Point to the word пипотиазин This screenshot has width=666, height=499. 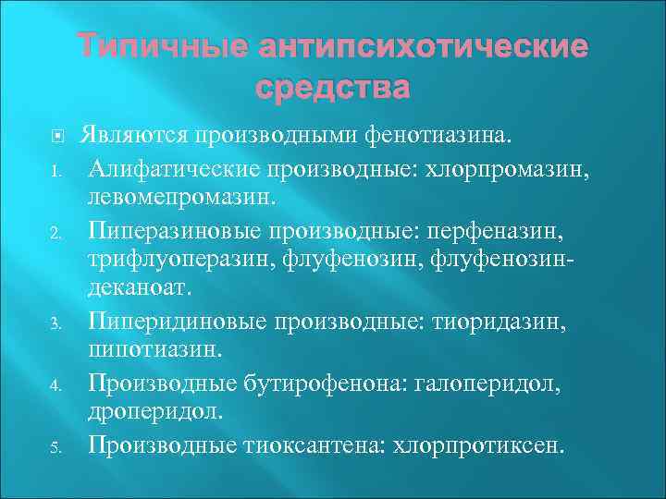tap(148, 349)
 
